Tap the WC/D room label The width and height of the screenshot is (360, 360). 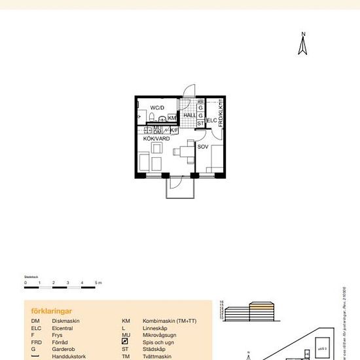click(x=157, y=107)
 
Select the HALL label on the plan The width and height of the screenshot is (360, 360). click(x=190, y=115)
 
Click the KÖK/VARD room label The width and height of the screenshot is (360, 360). click(x=157, y=139)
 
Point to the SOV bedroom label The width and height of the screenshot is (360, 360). click(x=203, y=147)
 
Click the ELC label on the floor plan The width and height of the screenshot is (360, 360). click(x=211, y=121)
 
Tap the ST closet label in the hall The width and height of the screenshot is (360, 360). click(x=200, y=123)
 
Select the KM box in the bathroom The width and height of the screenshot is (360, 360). click(x=172, y=118)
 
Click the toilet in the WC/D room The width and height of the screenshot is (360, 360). click(x=152, y=118)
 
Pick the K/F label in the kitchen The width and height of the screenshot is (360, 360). click(x=174, y=130)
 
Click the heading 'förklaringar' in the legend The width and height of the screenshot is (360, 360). click(x=51, y=312)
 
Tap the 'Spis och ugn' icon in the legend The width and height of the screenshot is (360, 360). click(x=125, y=342)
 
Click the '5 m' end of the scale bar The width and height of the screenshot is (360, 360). click(x=98, y=282)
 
